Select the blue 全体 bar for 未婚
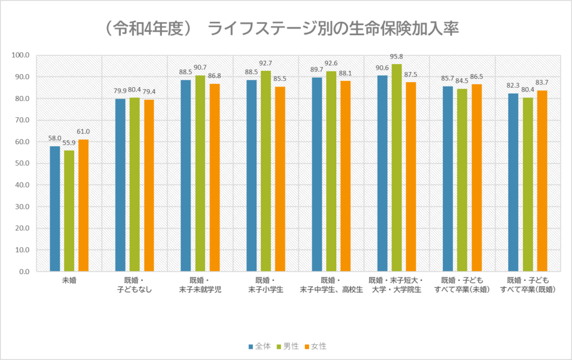(55, 209)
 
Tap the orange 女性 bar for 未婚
(83, 205)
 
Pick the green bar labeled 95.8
(397, 167)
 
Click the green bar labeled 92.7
(266, 171)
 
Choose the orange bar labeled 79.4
(149, 185)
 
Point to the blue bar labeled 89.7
(317, 174)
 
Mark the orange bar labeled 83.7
(542, 181)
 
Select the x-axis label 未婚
(69, 280)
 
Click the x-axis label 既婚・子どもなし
(135, 285)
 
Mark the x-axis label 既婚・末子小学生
(265, 285)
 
